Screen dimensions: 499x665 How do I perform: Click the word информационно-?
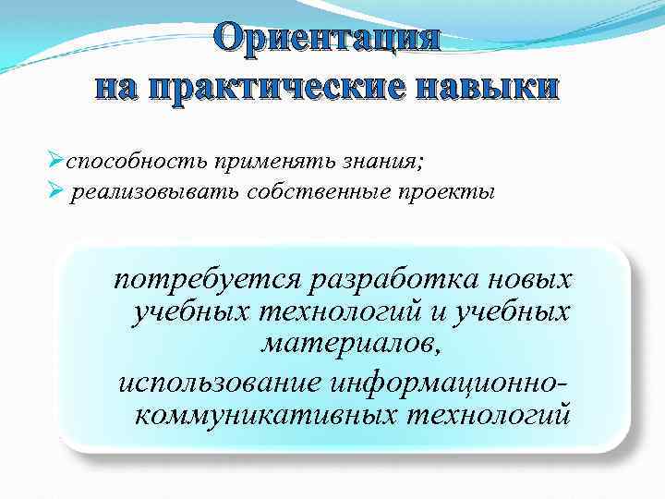click(463, 381)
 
